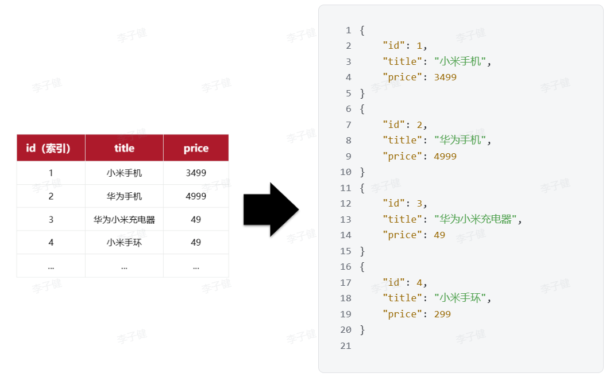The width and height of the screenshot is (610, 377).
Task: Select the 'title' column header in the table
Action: [x=124, y=147]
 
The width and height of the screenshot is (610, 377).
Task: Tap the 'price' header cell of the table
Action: [x=196, y=147]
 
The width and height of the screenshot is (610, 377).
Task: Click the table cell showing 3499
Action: [x=196, y=173]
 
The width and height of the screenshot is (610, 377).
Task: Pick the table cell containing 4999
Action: [x=196, y=196]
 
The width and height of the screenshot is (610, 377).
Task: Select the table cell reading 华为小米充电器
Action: [x=124, y=219]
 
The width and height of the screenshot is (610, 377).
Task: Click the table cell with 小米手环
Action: [x=124, y=243]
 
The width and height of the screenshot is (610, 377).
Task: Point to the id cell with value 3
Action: [x=51, y=219]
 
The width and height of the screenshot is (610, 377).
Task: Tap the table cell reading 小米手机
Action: [x=124, y=173]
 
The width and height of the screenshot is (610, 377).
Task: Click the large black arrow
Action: [x=271, y=209]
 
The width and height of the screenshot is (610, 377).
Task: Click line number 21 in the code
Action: [x=345, y=345]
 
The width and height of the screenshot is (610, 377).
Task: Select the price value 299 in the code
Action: [x=442, y=314]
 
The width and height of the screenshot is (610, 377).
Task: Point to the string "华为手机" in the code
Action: [x=460, y=140]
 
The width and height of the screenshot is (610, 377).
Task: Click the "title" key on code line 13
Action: [x=402, y=219]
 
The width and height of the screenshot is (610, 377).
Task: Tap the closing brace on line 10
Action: [x=362, y=172]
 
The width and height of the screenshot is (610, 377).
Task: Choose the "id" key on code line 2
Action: [x=393, y=45]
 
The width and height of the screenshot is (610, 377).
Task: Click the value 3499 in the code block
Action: [x=445, y=77]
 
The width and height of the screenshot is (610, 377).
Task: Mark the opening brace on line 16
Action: [x=362, y=267]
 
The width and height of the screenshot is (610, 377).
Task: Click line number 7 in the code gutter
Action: [x=349, y=125]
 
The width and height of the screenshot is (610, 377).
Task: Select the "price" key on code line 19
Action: [x=402, y=314]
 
